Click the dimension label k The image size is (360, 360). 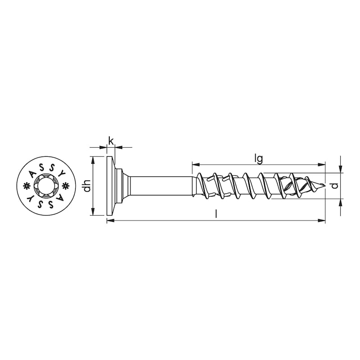111,140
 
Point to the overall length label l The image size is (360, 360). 216,215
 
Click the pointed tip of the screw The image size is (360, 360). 324,186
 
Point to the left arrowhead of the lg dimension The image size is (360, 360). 195,164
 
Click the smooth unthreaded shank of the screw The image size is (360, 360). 162,186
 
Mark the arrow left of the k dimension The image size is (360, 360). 104,147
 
